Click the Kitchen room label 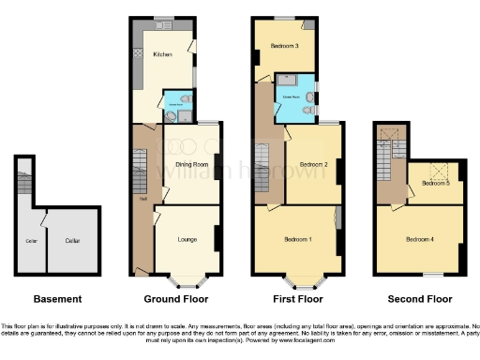coord(161,54)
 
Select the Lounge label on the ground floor coord(187,240)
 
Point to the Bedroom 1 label coord(298,240)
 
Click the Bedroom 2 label coord(311,164)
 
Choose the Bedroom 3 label coord(284,46)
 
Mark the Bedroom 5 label coord(435,184)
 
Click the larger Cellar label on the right coord(73,241)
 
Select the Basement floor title coord(57,299)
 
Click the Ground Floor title coord(176,299)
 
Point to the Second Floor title coord(418,299)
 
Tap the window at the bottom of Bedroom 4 coord(431,275)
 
